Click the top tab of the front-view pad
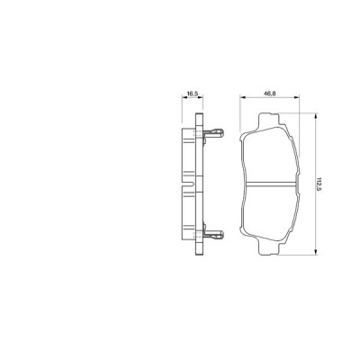269,118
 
